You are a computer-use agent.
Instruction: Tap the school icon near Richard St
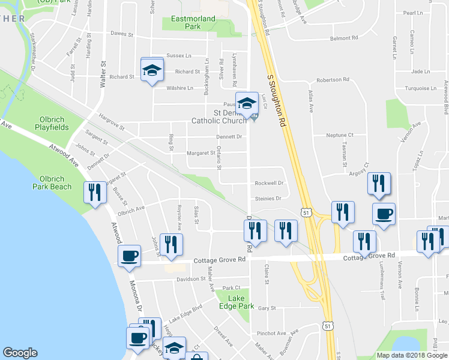[x=152, y=70]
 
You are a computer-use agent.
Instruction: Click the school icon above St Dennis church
[x=246, y=103]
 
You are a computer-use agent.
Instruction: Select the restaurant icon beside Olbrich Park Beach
[x=94, y=192]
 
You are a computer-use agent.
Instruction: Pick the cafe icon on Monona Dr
[x=129, y=256]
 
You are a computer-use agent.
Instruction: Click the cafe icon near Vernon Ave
[x=384, y=214]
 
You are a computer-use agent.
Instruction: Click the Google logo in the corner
[x=20, y=353]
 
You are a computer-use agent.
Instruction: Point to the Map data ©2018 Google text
[x=412, y=355]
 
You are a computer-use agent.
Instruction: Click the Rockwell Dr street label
[x=268, y=183]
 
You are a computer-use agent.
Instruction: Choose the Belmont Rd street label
[x=343, y=38]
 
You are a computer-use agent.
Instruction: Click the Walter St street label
[x=104, y=71]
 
